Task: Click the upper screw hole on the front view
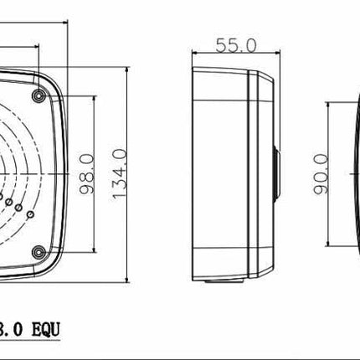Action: pos(39,85)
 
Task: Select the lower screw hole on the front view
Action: pos(38,252)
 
